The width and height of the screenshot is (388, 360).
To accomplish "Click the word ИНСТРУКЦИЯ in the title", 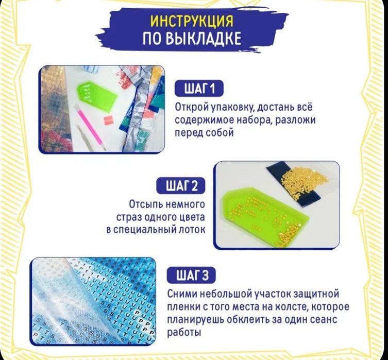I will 191,21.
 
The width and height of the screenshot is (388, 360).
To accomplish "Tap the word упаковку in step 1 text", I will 227,108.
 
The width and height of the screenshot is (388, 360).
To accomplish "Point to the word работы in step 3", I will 184,333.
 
